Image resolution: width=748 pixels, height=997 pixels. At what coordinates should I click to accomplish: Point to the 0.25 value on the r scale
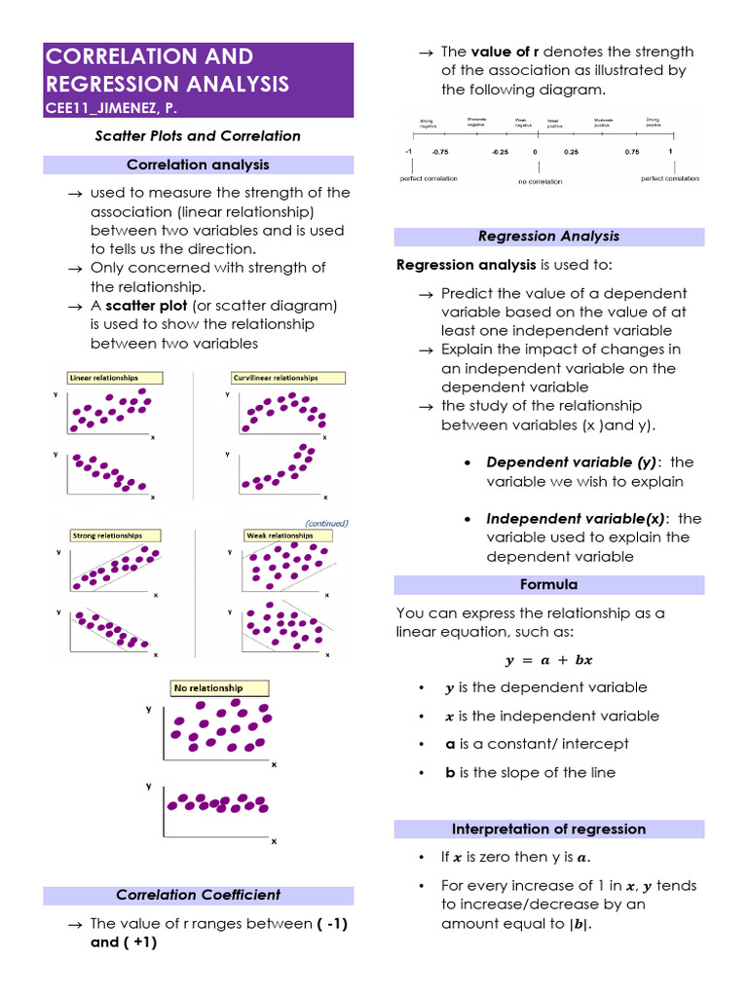pos(571,153)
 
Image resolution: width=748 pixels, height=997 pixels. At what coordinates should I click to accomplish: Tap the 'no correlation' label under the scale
pos(535,181)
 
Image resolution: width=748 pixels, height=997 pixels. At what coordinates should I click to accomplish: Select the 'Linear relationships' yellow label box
pos(115,378)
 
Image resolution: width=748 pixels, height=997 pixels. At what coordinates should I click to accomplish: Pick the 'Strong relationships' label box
pos(115,535)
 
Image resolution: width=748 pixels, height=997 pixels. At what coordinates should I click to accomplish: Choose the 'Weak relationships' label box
pos(280,535)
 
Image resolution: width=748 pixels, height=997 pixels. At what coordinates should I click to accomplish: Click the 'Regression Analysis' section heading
pos(548,237)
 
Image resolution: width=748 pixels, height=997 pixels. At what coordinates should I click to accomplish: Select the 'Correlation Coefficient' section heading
pos(198,895)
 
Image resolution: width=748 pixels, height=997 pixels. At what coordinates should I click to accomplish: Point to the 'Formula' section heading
pos(548,584)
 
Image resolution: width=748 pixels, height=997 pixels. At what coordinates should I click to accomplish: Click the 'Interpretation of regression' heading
pos(548,830)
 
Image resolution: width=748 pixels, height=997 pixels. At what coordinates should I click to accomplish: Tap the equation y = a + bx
pos(548,660)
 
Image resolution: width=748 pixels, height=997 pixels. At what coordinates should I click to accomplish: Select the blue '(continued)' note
pos(326,523)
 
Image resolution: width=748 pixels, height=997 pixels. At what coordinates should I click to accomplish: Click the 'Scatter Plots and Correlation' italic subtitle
pos(198,136)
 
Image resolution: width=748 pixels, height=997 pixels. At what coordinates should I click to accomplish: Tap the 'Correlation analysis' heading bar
pos(198,165)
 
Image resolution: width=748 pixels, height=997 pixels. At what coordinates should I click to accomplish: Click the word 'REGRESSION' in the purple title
pos(120,84)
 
